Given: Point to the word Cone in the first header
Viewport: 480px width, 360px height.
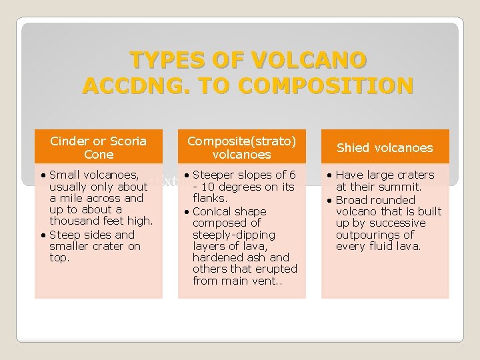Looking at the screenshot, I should click(x=99, y=154).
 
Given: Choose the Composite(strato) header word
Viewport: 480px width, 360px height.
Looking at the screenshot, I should click(x=241, y=141).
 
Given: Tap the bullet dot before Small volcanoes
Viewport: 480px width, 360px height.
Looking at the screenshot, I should click(x=43, y=175).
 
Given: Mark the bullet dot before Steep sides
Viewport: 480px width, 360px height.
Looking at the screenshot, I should click(x=43, y=235).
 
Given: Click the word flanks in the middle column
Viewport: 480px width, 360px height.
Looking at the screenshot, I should click(x=209, y=199).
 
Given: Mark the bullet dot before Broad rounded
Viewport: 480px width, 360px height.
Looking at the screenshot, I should click(x=329, y=201).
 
